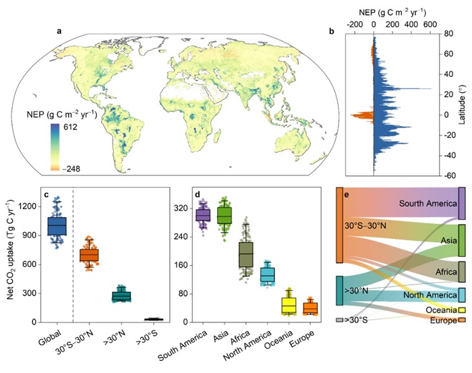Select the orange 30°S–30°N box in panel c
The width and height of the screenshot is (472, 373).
(x=89, y=255)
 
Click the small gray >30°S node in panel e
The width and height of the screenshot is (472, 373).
(x=341, y=319)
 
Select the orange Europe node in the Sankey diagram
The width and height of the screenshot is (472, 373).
(x=462, y=320)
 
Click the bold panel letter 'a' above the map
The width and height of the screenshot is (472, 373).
(x=59, y=31)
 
